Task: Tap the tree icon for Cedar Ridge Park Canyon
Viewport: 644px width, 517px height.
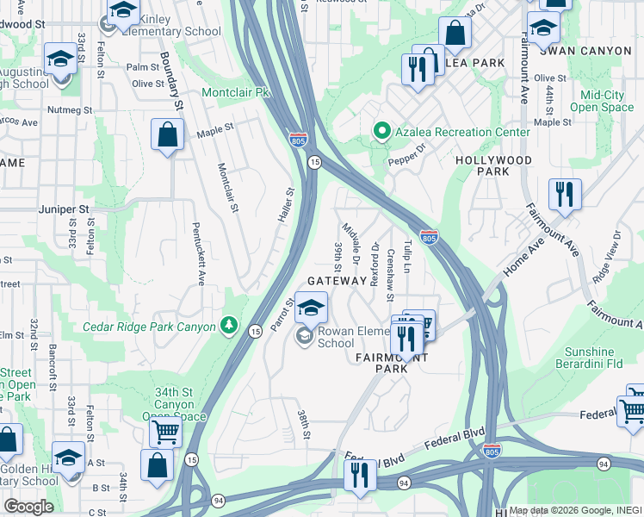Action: click(229, 325)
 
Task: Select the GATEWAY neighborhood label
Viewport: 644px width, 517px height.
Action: click(337, 281)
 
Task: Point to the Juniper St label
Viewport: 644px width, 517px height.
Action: click(64, 209)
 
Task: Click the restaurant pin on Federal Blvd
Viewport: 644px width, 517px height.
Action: click(359, 475)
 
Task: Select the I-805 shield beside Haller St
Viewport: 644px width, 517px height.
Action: click(297, 140)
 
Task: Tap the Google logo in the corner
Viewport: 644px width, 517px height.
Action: click(28, 506)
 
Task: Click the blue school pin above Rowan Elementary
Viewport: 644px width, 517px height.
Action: click(311, 307)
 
